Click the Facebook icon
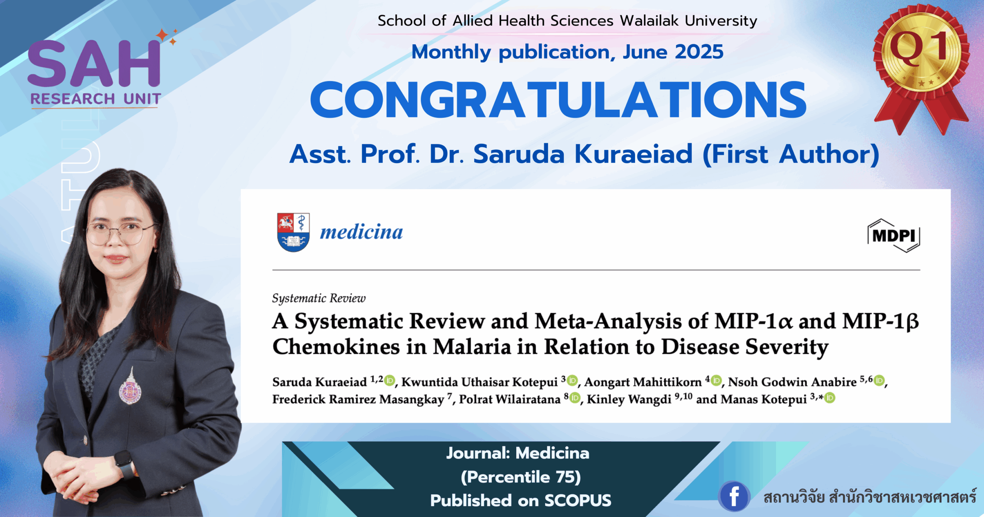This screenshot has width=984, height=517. coord(734,496)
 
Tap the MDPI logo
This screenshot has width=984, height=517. coord(894,235)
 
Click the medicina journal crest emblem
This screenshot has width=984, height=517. coord(293,232)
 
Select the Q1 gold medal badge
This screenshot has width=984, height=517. coord(921,69)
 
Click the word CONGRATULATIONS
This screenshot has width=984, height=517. coord(558,100)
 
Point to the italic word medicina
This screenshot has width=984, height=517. coord(361,232)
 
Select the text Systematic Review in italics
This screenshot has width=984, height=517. coord(319,299)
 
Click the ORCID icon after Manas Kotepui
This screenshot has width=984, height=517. coord(830,398)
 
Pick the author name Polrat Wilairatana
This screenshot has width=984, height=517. coord(510,399)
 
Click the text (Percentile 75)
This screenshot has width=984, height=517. coord(521,477)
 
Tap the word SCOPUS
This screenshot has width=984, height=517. coord(578,500)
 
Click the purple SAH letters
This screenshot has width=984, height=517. coord(94,63)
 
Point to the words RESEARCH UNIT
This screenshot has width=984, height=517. coord(95,99)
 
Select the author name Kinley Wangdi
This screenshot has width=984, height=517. coord(629,400)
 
